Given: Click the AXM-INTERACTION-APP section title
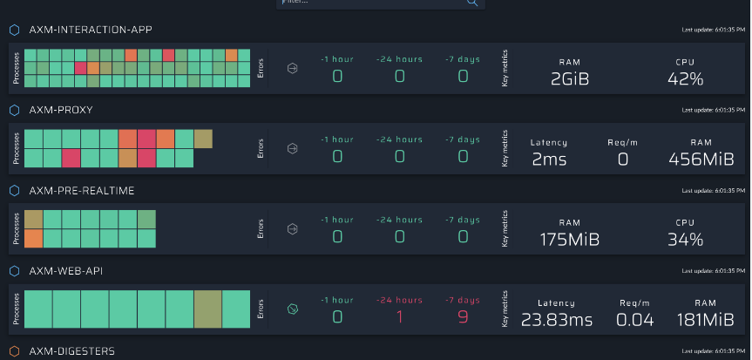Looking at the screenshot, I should tap(91, 30).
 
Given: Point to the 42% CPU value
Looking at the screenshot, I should tap(685, 78).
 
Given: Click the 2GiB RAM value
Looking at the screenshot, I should tap(571, 78).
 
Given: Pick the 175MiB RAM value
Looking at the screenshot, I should tap(570, 239).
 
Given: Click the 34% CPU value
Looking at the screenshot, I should tap(685, 239).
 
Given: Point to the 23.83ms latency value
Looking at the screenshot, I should tap(556, 319).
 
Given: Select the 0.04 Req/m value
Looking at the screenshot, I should tap(634, 319).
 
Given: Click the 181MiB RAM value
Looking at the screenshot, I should tap(701, 319).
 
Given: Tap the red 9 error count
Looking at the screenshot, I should tap(462, 316).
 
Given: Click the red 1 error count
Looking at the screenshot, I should tap(399, 316).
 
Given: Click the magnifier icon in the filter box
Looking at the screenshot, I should tap(473, 3).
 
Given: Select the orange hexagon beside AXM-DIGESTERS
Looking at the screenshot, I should tap(15, 351).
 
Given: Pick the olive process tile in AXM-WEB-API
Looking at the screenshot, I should tap(207, 309).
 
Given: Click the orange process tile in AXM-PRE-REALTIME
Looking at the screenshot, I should tap(33, 238).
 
